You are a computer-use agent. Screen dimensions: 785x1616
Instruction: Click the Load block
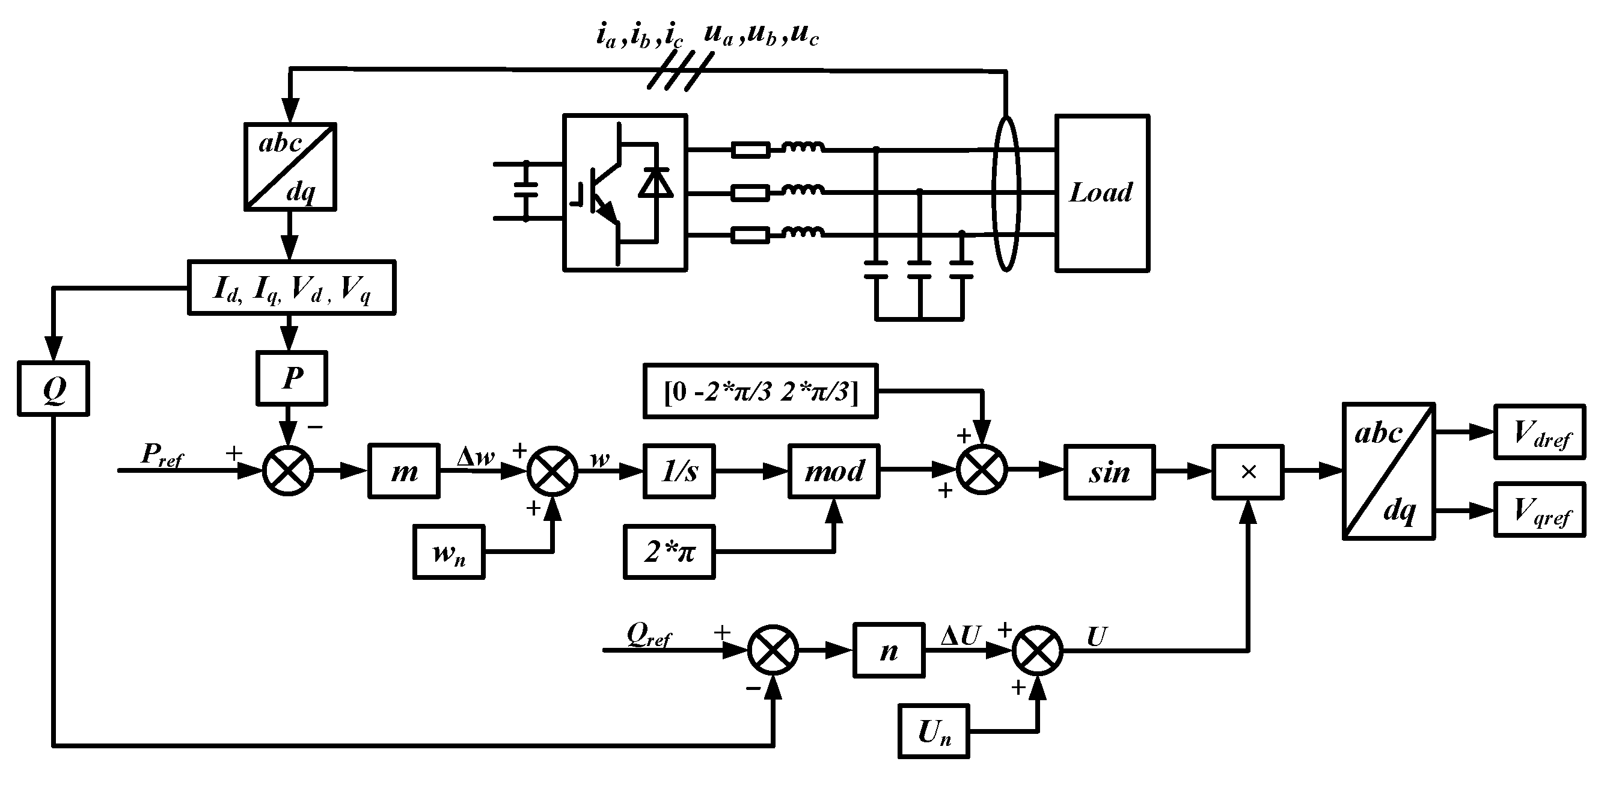pos(1101,192)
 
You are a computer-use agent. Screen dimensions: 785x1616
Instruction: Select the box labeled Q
pos(54,389)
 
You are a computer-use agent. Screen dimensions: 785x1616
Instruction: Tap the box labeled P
pos(292,378)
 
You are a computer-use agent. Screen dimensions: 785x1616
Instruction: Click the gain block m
pos(403,471)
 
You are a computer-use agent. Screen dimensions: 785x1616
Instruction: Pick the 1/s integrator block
pos(679,471)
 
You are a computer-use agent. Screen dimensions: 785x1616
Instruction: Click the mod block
pos(834,471)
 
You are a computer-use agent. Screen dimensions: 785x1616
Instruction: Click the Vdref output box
pos(1540,432)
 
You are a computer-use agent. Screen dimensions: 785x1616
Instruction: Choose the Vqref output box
pos(1540,509)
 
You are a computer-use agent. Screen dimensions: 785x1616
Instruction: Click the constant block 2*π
pos(669,552)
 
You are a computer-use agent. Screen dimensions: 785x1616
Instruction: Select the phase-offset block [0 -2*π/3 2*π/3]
pos(761,391)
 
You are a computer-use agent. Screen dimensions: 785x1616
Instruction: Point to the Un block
pos(934,731)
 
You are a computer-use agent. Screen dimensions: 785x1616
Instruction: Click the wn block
pos(448,552)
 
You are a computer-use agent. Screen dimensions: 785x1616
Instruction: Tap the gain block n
pos(889,650)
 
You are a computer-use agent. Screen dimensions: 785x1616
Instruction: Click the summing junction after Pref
pos(288,470)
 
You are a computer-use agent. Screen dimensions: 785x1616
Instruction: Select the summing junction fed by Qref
pos(773,650)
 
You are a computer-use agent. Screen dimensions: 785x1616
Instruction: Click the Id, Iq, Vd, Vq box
pos(292,288)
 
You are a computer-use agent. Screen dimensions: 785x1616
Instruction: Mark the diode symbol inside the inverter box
pos(656,183)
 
